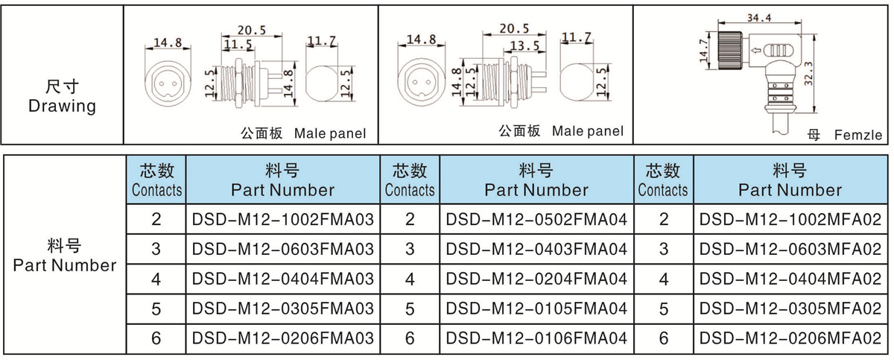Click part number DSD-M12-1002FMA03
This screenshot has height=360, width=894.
tap(282, 220)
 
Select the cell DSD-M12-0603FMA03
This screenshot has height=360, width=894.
tap(282, 249)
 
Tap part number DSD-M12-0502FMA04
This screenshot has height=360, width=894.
tap(536, 220)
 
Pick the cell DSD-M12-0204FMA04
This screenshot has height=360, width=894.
tap(536, 280)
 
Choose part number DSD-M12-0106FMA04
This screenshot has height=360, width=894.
tap(536, 338)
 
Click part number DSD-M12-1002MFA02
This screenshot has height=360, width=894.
tap(791, 220)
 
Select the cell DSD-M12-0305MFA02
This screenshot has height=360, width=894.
tap(791, 309)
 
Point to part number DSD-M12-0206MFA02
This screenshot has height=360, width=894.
tap(791, 338)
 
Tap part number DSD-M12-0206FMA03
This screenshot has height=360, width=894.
tap(282, 338)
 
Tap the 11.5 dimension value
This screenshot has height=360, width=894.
tap(238, 45)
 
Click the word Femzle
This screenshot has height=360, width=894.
tap(858, 136)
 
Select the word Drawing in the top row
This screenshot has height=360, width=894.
tap(62, 106)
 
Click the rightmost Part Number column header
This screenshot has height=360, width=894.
tap(790, 180)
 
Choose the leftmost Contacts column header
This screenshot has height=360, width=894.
tap(156, 180)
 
